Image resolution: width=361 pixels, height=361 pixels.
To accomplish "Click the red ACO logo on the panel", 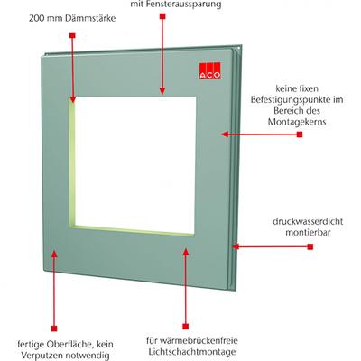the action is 209,70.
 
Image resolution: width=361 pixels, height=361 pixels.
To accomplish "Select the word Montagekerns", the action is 297,122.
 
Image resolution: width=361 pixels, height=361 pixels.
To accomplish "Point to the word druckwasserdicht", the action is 308,221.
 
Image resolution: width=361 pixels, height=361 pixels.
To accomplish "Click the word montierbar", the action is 308,233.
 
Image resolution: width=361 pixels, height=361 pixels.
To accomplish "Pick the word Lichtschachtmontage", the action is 192,352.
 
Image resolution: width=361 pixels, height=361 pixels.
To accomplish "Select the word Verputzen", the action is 40,356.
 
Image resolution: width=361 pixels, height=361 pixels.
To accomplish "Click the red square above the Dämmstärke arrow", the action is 72,35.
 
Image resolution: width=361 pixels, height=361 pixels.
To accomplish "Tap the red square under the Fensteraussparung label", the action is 162,16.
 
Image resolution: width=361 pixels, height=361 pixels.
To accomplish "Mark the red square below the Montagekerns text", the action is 300,134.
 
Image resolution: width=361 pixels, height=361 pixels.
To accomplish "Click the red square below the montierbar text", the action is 310,247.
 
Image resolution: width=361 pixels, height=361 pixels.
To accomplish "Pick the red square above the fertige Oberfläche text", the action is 54,329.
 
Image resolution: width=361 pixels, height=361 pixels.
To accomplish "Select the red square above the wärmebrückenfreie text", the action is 186,327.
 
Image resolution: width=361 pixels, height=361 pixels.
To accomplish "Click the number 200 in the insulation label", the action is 36,18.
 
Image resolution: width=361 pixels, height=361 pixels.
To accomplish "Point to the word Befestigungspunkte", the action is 297,99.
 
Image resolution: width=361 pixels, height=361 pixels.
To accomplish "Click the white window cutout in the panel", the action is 135,164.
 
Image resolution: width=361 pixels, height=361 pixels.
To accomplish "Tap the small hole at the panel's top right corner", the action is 239,48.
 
